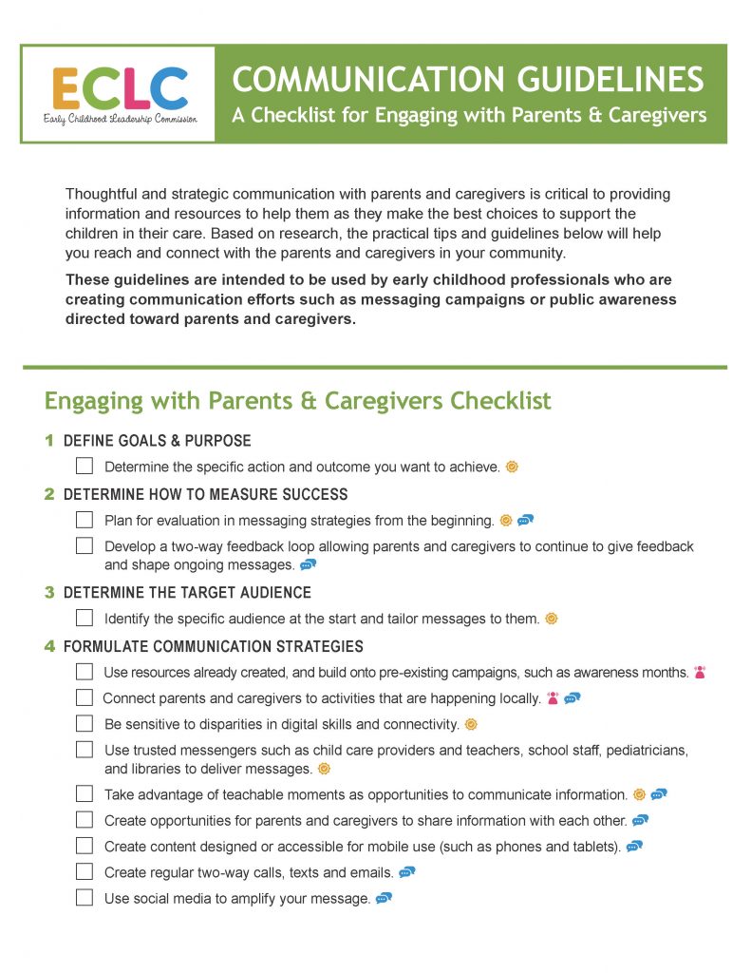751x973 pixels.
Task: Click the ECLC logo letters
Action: pyautogui.click(x=119, y=87)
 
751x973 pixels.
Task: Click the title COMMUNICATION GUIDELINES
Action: pyautogui.click(x=469, y=78)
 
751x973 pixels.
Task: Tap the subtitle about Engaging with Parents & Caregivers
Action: pyautogui.click(x=469, y=116)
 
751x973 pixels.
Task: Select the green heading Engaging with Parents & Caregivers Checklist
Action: pyautogui.click(x=297, y=400)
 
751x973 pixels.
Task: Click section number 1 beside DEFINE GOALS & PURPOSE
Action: pyautogui.click(x=49, y=441)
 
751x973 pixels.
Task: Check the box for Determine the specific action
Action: pyautogui.click(x=84, y=467)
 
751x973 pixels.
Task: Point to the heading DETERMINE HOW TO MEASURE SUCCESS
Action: pyautogui.click(x=205, y=494)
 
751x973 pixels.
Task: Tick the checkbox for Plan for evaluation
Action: pyautogui.click(x=84, y=520)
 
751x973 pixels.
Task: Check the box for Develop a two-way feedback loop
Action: pyautogui.click(x=84, y=546)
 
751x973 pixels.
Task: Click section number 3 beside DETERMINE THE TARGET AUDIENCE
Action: pyautogui.click(x=49, y=592)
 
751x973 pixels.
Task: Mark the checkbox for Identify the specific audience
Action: pyautogui.click(x=84, y=619)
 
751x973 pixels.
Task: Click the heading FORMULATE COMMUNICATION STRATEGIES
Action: pyautogui.click(x=213, y=646)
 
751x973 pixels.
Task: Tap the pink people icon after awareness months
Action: pyautogui.click(x=700, y=672)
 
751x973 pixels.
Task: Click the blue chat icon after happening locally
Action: pyautogui.click(x=572, y=698)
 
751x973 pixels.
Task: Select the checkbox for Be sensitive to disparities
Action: pyautogui.click(x=84, y=724)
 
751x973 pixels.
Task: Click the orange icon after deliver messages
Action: pyautogui.click(x=324, y=769)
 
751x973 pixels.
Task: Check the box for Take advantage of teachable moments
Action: pyautogui.click(x=84, y=794)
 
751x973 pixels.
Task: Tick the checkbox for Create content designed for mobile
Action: pyautogui.click(x=84, y=846)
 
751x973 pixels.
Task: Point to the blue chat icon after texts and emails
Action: pyautogui.click(x=407, y=871)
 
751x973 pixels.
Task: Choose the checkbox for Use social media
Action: pyautogui.click(x=84, y=898)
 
